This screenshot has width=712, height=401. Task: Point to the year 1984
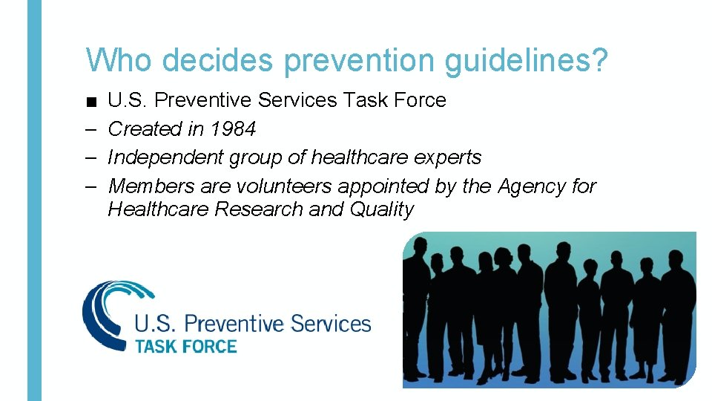point(233,129)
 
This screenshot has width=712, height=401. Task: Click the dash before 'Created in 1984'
point(90,129)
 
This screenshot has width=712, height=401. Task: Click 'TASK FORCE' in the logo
point(185,346)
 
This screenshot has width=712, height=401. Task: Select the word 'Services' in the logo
point(331,324)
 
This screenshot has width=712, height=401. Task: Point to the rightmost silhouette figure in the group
point(679,312)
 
